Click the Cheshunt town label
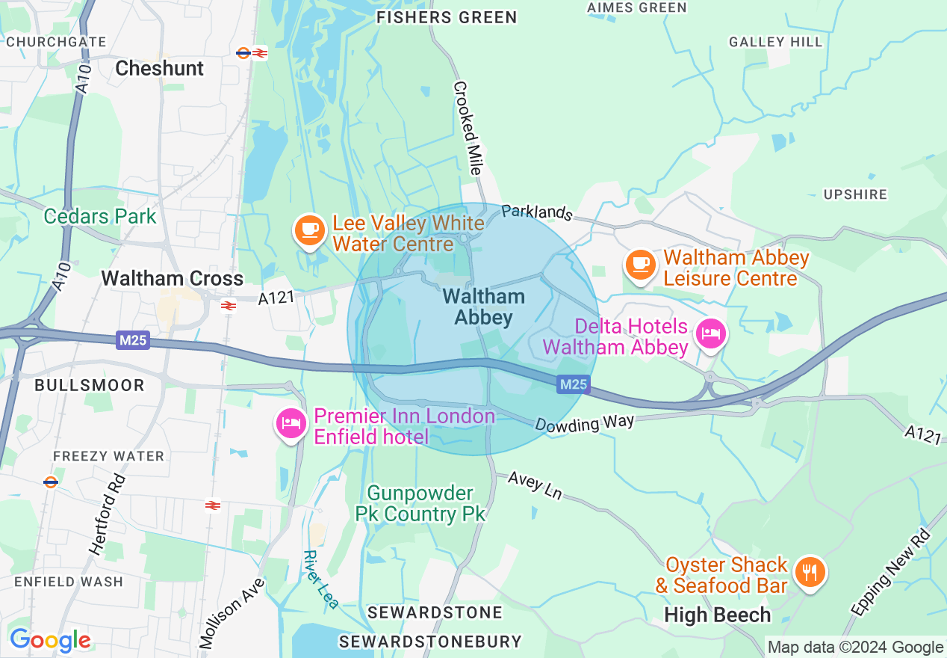[159, 68]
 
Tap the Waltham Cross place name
[172, 278]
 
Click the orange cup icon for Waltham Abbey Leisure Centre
[640, 264]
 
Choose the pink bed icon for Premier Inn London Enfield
[291, 423]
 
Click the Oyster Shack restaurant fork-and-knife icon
[809, 572]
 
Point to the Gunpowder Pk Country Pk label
[421, 503]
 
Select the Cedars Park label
[100, 217]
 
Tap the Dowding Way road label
[584, 423]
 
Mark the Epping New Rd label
[893, 571]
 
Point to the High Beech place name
[717, 615]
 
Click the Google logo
[50, 640]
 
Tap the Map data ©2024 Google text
[855, 647]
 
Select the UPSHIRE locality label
[855, 194]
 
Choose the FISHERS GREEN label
[447, 17]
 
